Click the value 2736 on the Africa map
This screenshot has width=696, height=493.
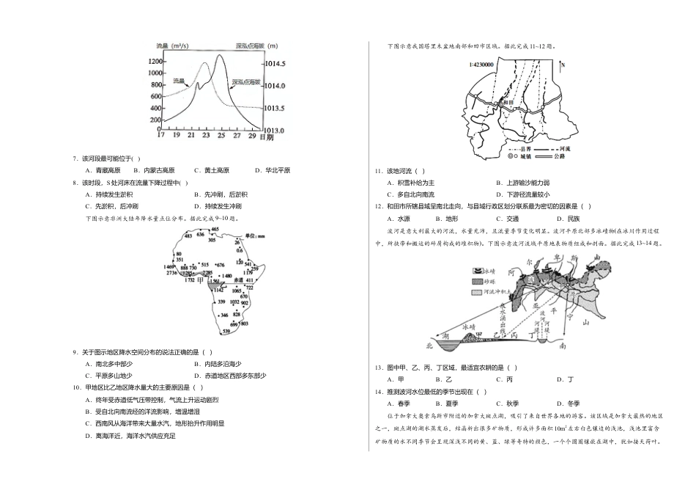pyautogui.click(x=173, y=273)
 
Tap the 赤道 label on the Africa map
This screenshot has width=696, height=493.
pyautogui.click(x=237, y=281)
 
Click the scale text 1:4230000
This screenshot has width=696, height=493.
pyautogui.click(x=481, y=65)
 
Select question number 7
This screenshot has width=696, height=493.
pyautogui.click(x=75, y=159)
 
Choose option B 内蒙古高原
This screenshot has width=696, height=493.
pyautogui.click(x=153, y=170)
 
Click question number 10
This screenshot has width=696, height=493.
pyautogui.click(x=77, y=387)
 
